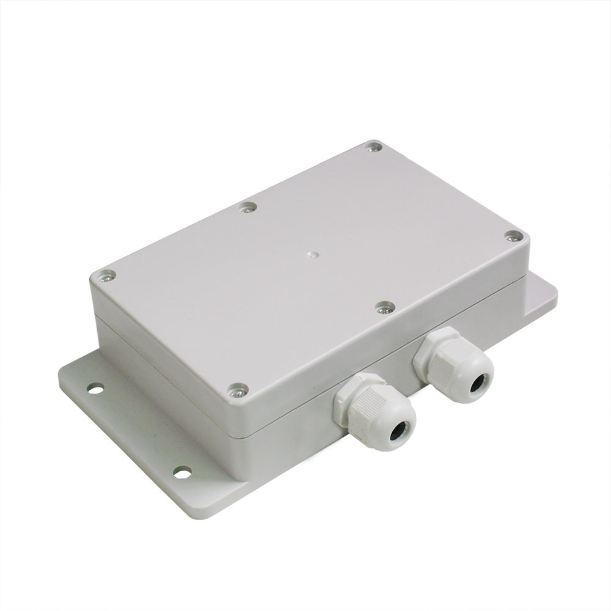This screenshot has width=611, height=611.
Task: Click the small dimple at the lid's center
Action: [x=313, y=252]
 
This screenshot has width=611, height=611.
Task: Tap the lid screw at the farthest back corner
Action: [x=374, y=147]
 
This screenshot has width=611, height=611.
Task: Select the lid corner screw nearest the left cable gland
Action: [x=237, y=390]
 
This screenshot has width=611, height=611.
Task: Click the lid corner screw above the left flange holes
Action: [x=106, y=276]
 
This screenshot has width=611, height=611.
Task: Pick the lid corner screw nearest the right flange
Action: [x=513, y=236]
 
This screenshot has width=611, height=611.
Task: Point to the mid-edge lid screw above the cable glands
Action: [x=384, y=308]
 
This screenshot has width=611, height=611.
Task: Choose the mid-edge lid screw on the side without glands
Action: [x=247, y=207]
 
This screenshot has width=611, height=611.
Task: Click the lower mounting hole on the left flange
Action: [x=181, y=472]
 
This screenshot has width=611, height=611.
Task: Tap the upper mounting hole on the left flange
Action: [x=95, y=388]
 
